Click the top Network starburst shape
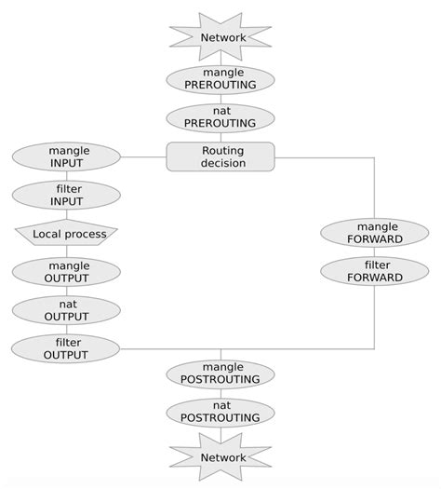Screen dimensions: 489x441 click(x=220, y=38)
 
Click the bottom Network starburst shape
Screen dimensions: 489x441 click(x=220, y=457)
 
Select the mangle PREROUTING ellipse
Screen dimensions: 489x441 click(x=220, y=79)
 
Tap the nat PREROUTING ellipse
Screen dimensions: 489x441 click(x=220, y=117)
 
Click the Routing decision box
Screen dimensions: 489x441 click(x=220, y=156)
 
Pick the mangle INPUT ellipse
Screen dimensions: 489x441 click(x=66, y=156)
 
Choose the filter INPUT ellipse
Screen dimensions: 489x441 click(x=66, y=195)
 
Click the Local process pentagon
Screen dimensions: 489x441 click(x=66, y=233)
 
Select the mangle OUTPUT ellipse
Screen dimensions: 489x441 click(x=66, y=271)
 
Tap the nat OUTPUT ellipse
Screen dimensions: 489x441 click(x=66, y=310)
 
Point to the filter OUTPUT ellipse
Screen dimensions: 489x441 click(x=66, y=348)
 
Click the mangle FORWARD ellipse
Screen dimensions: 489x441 click(x=374, y=233)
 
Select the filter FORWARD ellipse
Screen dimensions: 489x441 click(x=374, y=271)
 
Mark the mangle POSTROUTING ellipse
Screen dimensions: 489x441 click(x=220, y=374)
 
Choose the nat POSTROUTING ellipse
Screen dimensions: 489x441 click(x=220, y=413)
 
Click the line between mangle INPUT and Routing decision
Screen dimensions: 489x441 click(x=143, y=156)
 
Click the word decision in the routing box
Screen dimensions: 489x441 click(x=223, y=164)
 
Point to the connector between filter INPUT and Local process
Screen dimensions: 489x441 click(x=66, y=214)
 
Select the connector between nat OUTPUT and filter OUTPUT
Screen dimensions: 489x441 click(x=66, y=329)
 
